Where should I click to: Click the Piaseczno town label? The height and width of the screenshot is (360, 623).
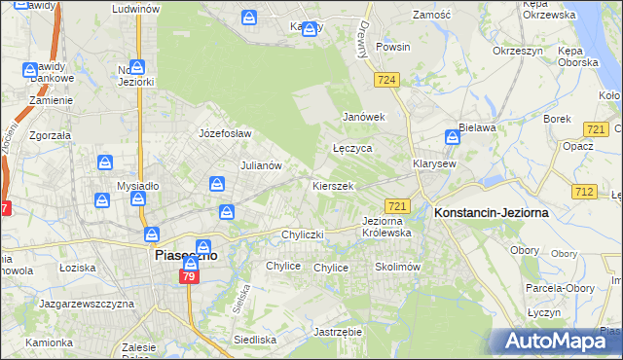pos(184,255)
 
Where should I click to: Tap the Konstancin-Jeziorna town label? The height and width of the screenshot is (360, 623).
pos(492,211)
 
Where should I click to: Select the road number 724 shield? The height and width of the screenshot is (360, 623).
pos(386,80)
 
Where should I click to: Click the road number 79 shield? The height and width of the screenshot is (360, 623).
pos(189,278)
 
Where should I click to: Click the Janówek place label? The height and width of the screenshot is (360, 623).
pos(364,117)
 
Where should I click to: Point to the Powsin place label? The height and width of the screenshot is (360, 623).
pos(392,47)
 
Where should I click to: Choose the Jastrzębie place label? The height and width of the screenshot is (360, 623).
pos(339,332)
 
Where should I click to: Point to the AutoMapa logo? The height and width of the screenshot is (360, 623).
pos(561,342)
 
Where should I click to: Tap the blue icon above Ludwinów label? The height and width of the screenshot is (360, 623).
pos(135,0)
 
